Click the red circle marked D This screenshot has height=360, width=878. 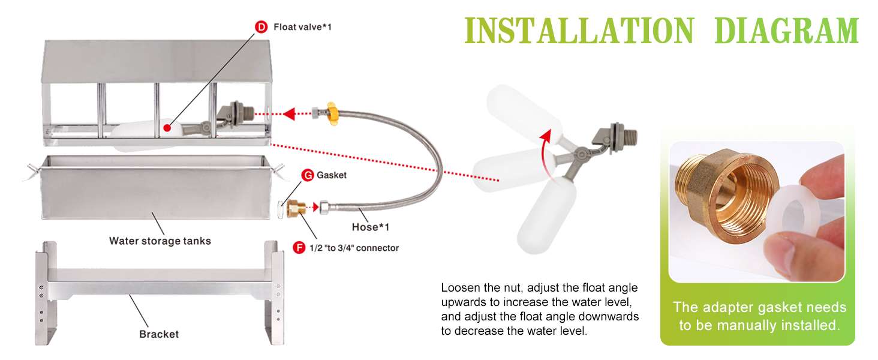(261, 27)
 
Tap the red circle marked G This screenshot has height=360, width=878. (308, 175)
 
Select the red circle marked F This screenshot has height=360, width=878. (299, 248)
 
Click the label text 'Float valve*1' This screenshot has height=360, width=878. (302, 27)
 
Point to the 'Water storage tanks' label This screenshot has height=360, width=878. (160, 241)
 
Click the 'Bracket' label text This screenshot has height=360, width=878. (159, 334)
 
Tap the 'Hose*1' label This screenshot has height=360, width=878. (371, 227)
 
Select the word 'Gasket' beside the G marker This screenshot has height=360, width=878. (332, 175)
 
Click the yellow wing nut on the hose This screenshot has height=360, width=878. (332, 114)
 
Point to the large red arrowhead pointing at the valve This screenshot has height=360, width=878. (289, 114)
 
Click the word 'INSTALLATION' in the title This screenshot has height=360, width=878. (579, 30)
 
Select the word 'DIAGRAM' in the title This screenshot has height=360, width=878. (787, 30)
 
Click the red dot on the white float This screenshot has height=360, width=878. (167, 128)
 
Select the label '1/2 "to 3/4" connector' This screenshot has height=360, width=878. (354, 248)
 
